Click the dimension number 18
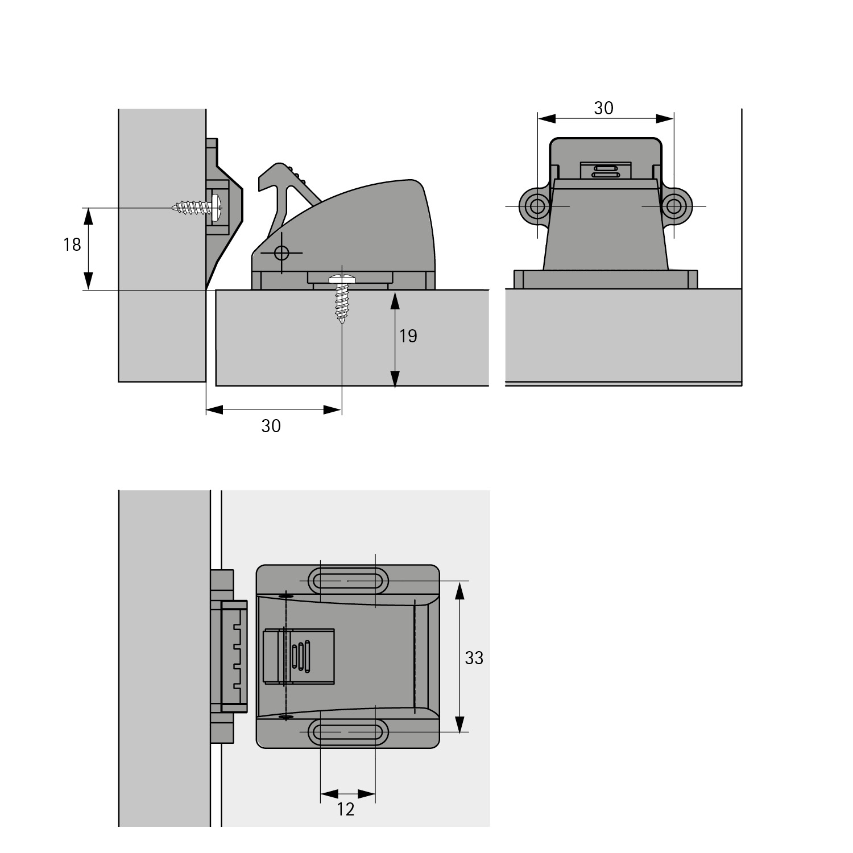click(x=72, y=245)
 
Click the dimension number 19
click(x=408, y=336)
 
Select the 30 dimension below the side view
click(x=271, y=425)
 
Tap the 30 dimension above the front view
click(x=604, y=108)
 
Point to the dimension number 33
click(x=474, y=658)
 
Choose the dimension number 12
click(x=346, y=809)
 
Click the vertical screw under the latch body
click(x=342, y=298)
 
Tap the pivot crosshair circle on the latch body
click(x=281, y=252)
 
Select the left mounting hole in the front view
click(x=536, y=206)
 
